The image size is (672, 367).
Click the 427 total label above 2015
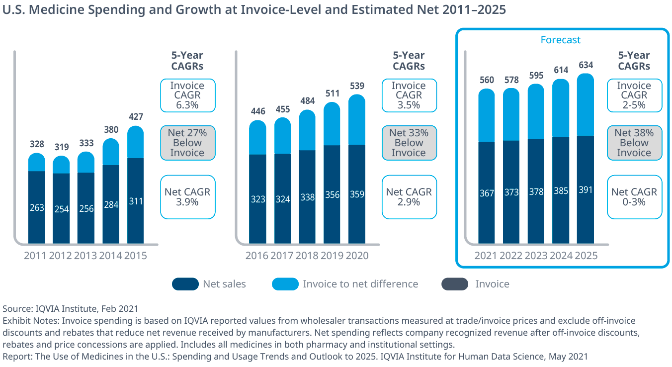[x=136, y=117]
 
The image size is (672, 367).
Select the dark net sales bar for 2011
[x=37, y=207]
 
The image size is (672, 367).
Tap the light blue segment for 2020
[x=357, y=120]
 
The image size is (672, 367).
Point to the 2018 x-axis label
[x=307, y=256]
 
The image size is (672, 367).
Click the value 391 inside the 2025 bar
[x=586, y=190]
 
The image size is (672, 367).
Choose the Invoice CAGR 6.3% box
[x=187, y=95]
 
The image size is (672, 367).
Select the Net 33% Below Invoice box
[x=409, y=143]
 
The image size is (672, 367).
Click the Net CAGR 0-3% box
[x=634, y=197]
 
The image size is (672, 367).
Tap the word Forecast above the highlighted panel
[x=561, y=40]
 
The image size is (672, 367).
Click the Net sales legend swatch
[x=185, y=284]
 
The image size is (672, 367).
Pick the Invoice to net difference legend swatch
[x=285, y=284]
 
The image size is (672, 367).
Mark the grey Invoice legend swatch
[x=455, y=284]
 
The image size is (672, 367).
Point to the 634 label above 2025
[x=586, y=66]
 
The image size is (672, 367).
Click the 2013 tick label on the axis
[x=85, y=256]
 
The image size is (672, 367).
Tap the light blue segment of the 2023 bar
[x=536, y=112]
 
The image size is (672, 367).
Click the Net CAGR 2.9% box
[x=409, y=197]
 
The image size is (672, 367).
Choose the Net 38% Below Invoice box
[x=634, y=143]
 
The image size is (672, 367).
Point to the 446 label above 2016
[x=257, y=111]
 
